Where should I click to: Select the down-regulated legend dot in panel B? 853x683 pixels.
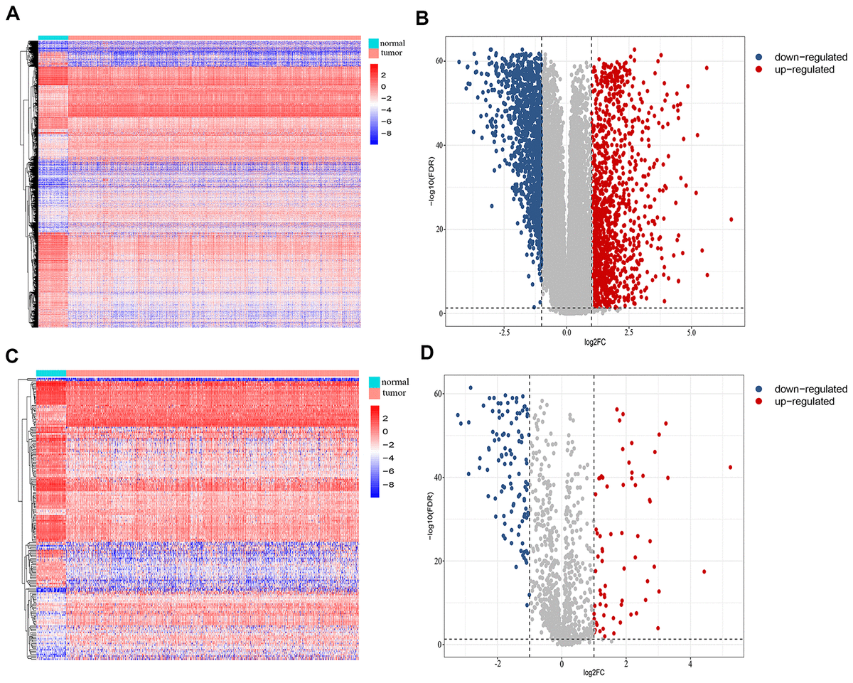[x=758, y=56]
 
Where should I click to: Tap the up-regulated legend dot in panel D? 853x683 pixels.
[x=758, y=402]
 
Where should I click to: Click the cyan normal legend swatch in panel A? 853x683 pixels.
[x=375, y=43]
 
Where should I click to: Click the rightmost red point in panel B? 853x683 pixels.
[x=731, y=219]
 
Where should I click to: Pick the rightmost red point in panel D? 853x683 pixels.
[x=730, y=467]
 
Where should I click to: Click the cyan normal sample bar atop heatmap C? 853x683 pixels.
[x=50, y=373]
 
